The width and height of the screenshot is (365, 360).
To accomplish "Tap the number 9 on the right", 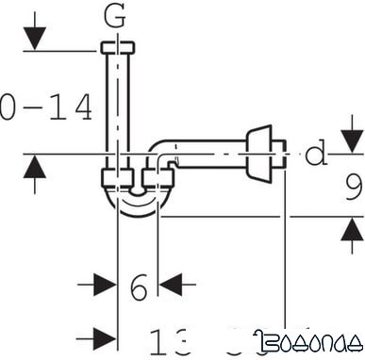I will pyautogui.click(x=353, y=191).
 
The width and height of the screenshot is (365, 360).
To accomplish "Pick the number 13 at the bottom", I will pyautogui.click(x=172, y=340).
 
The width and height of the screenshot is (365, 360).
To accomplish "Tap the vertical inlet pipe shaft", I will pyautogui.click(x=116, y=104).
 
